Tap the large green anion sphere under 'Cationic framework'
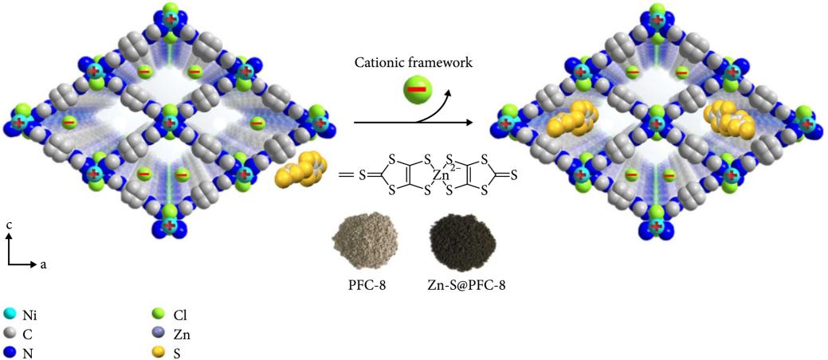pyautogui.click(x=417, y=90)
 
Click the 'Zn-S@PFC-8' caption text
pyautogui.click(x=460, y=281)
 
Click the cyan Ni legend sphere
pyautogui.click(x=10, y=316)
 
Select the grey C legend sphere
pyautogui.click(x=10, y=333)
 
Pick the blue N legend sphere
pyautogui.click(x=10, y=350)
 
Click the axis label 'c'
pyautogui.click(x=8, y=225)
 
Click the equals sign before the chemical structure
pyautogui.click(x=346, y=172)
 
